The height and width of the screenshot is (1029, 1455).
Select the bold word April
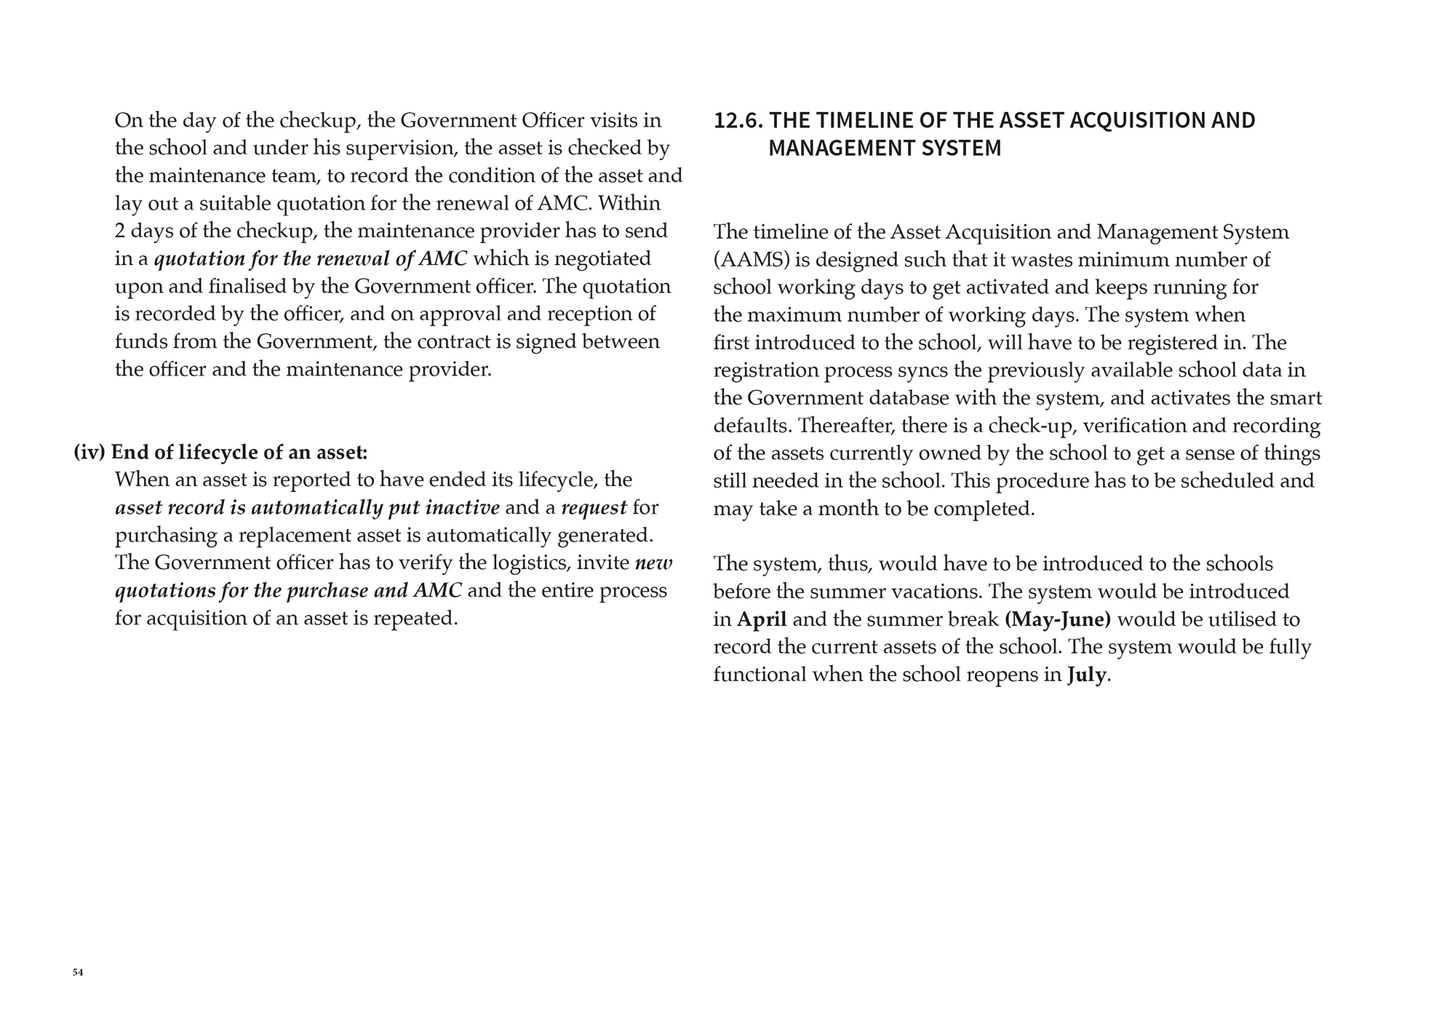tap(762, 619)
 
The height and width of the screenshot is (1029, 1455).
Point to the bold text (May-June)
tap(1058, 619)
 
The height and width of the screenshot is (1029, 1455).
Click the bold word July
tap(1087, 675)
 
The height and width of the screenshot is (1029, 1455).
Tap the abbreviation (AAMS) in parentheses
tap(748, 260)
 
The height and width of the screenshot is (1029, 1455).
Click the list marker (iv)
tap(89, 453)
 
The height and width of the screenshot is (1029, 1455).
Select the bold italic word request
tap(594, 507)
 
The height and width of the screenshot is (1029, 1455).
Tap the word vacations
tap(925, 592)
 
